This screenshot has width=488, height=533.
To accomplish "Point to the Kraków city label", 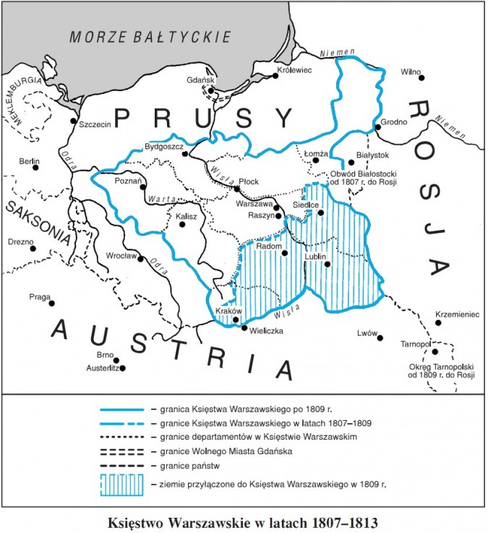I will click(228, 311).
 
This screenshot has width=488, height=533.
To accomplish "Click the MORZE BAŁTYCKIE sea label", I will click(150, 35).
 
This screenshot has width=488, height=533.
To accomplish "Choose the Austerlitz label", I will click(101, 368).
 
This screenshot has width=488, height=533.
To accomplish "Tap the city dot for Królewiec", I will click(275, 76).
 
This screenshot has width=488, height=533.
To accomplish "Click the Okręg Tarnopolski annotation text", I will click(440, 370).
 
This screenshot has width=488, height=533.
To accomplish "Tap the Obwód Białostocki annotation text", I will click(364, 177).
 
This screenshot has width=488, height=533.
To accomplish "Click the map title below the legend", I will click(243, 521).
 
